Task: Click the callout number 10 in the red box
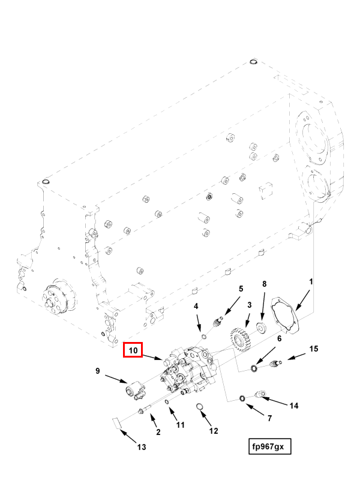133,350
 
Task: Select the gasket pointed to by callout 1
284,315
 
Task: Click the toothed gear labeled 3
241,340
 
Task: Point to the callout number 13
142,447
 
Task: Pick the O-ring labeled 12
199,407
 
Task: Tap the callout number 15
313,349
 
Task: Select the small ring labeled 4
203,337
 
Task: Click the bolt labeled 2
145,410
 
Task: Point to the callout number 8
265,284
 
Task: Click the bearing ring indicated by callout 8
261,327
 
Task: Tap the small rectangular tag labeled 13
116,424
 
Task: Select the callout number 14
294,406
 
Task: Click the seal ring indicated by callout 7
242,398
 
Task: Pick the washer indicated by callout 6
254,368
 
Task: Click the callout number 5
241,289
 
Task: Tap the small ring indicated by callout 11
167,402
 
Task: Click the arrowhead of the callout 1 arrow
296,308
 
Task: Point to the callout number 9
97,371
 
